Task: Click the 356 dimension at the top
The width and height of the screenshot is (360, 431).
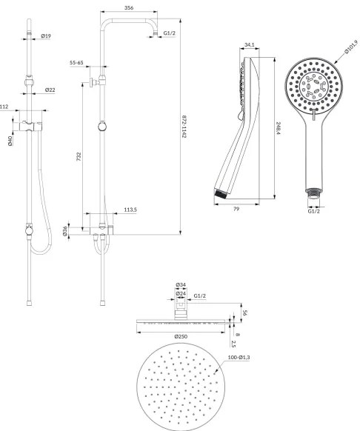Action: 129,7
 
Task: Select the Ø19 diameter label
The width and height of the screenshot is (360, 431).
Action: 46,36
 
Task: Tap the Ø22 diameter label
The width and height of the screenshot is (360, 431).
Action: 50,90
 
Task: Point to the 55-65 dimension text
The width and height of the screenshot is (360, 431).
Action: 76,63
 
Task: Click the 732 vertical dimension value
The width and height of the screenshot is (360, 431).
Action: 79,156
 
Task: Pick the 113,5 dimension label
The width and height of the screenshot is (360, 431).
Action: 130,210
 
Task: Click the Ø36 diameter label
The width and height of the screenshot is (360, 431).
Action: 65,231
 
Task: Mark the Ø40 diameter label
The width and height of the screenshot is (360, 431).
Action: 10,141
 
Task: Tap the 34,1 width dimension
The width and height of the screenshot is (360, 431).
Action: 249,44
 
